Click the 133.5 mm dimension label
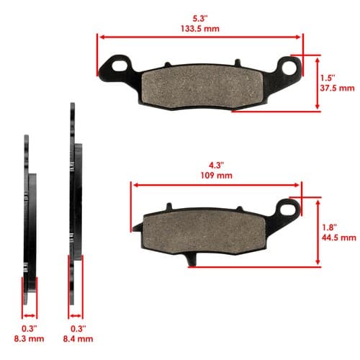tap(200, 29)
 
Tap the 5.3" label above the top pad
tap(200, 19)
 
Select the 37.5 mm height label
tap(337, 88)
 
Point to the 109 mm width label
tap(217, 176)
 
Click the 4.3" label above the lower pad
tap(217, 166)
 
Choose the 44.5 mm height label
tap(339, 238)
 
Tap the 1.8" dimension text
tap(329, 228)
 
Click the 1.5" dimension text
tap(328, 78)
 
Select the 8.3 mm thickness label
tap(29, 338)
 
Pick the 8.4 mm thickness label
tap(78, 338)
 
